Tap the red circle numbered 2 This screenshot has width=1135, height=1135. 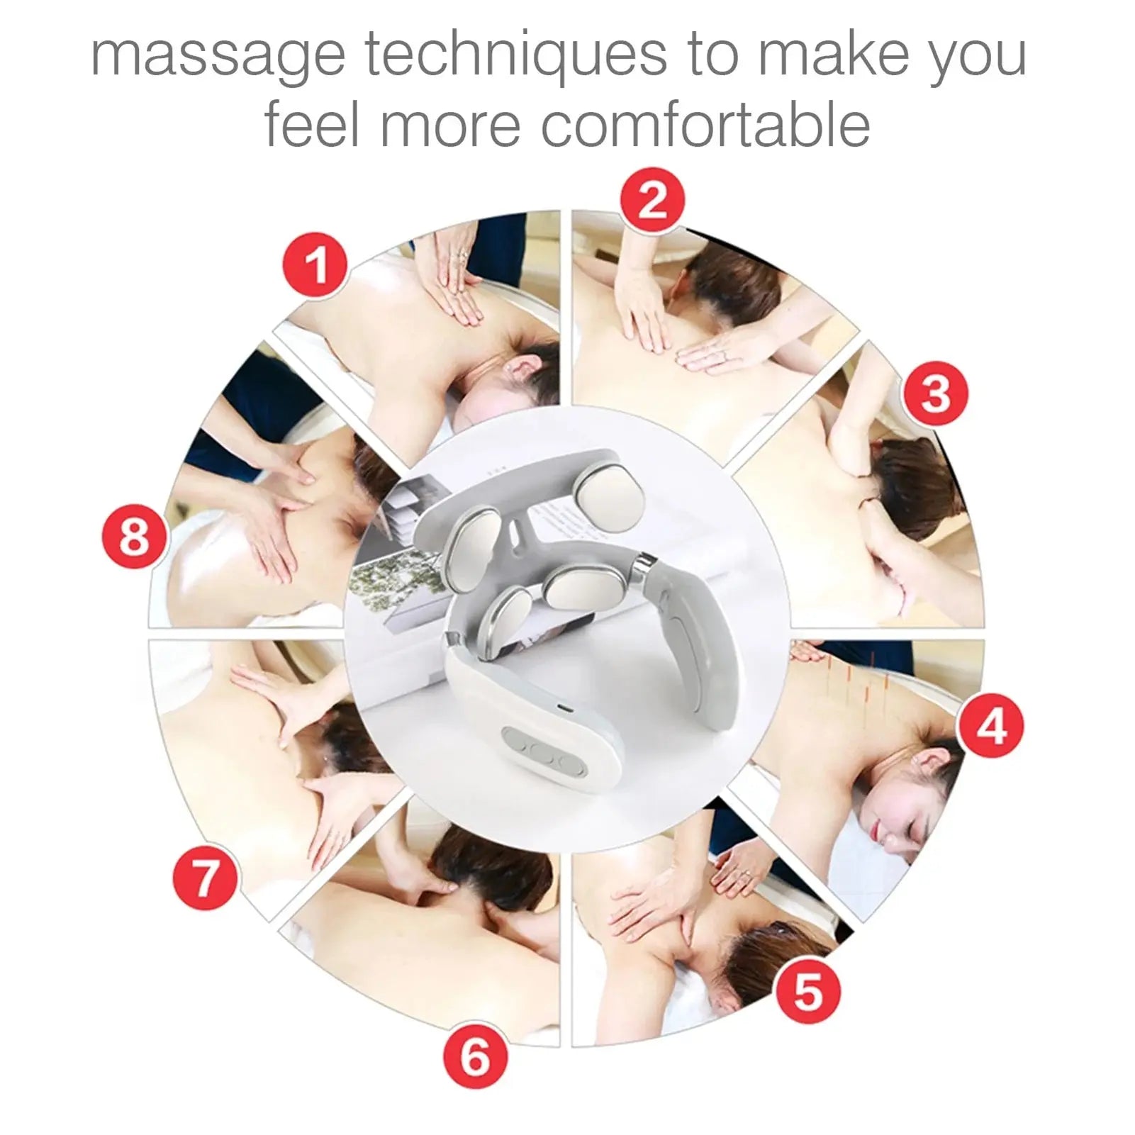tap(652, 200)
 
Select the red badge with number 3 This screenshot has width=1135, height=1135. tap(934, 394)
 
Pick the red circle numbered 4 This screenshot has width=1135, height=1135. tap(990, 727)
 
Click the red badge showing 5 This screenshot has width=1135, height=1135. tap(807, 991)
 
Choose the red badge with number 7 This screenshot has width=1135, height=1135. tap(205, 879)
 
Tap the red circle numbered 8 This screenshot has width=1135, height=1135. tap(134, 536)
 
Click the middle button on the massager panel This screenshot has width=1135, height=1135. tap(540, 753)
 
